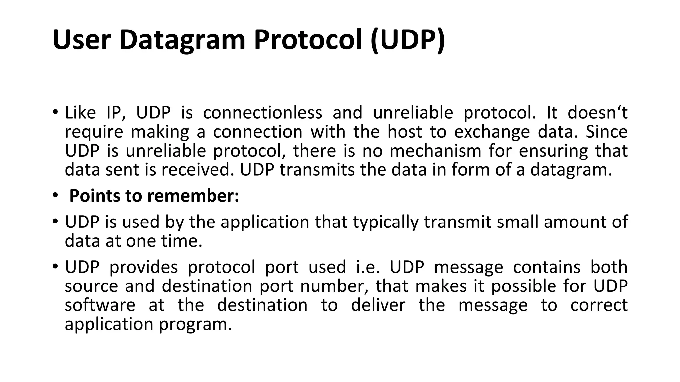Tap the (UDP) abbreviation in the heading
407,40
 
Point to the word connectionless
262,113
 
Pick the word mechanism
435,151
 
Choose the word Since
606,132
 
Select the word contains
547,267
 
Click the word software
100,305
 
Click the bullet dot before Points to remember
55,196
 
